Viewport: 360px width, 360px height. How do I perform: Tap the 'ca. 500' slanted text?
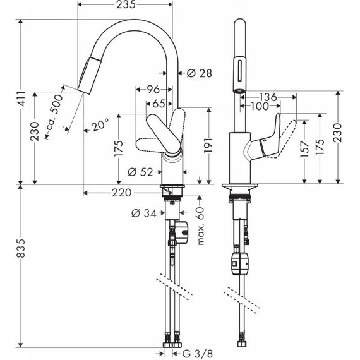[56, 116]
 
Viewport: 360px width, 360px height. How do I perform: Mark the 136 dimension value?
[268, 97]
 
